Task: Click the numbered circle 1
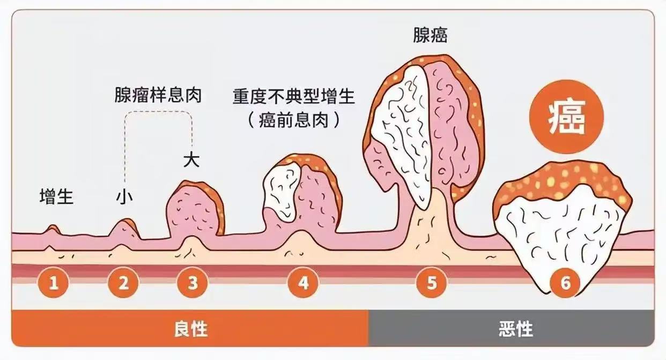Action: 54,282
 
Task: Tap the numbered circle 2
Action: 123,282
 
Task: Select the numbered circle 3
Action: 193,282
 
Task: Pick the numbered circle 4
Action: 304,282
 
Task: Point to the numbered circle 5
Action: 432,282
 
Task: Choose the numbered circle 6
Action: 565,282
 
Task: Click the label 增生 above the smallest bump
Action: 56,197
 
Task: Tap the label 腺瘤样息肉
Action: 158,95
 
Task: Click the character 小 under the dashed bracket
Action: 124,197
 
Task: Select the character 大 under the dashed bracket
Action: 191,160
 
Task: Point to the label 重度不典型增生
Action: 294,97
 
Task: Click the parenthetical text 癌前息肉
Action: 294,121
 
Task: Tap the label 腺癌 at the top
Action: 430,35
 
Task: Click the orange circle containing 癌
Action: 566,116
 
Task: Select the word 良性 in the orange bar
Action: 190,329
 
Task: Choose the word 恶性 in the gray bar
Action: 516,329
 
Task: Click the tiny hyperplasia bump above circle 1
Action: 53,230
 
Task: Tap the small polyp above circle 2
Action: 125,229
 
